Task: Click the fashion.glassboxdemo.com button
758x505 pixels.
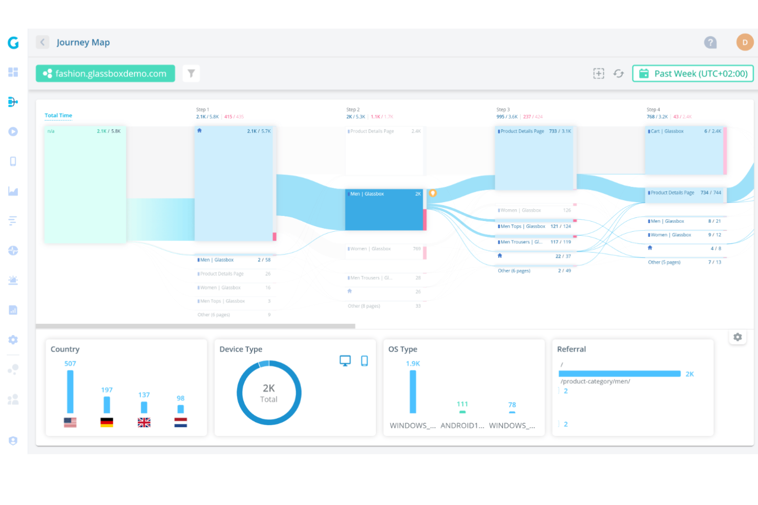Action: click(x=105, y=74)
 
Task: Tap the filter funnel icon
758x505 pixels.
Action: click(x=191, y=74)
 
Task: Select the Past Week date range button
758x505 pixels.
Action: click(x=693, y=74)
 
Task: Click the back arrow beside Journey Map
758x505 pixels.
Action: click(x=43, y=42)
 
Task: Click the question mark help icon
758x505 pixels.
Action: click(x=710, y=42)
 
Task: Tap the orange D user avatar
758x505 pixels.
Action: click(x=745, y=42)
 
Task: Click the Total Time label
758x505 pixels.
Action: click(x=58, y=116)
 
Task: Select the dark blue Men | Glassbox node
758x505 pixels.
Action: click(x=384, y=210)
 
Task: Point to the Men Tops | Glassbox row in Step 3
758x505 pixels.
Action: click(x=522, y=226)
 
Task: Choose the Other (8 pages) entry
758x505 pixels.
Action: click(x=364, y=306)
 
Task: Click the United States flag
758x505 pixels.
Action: click(x=70, y=422)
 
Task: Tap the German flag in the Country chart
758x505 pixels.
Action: click(x=107, y=422)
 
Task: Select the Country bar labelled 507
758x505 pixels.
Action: click(x=70, y=391)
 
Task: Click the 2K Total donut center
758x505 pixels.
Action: click(x=269, y=393)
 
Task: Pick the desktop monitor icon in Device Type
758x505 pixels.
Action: click(x=345, y=361)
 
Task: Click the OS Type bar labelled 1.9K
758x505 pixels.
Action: click(x=413, y=391)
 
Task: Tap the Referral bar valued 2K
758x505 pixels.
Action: click(x=620, y=374)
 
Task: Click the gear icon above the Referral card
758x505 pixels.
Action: click(x=738, y=337)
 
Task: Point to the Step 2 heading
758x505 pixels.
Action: click(x=353, y=109)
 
